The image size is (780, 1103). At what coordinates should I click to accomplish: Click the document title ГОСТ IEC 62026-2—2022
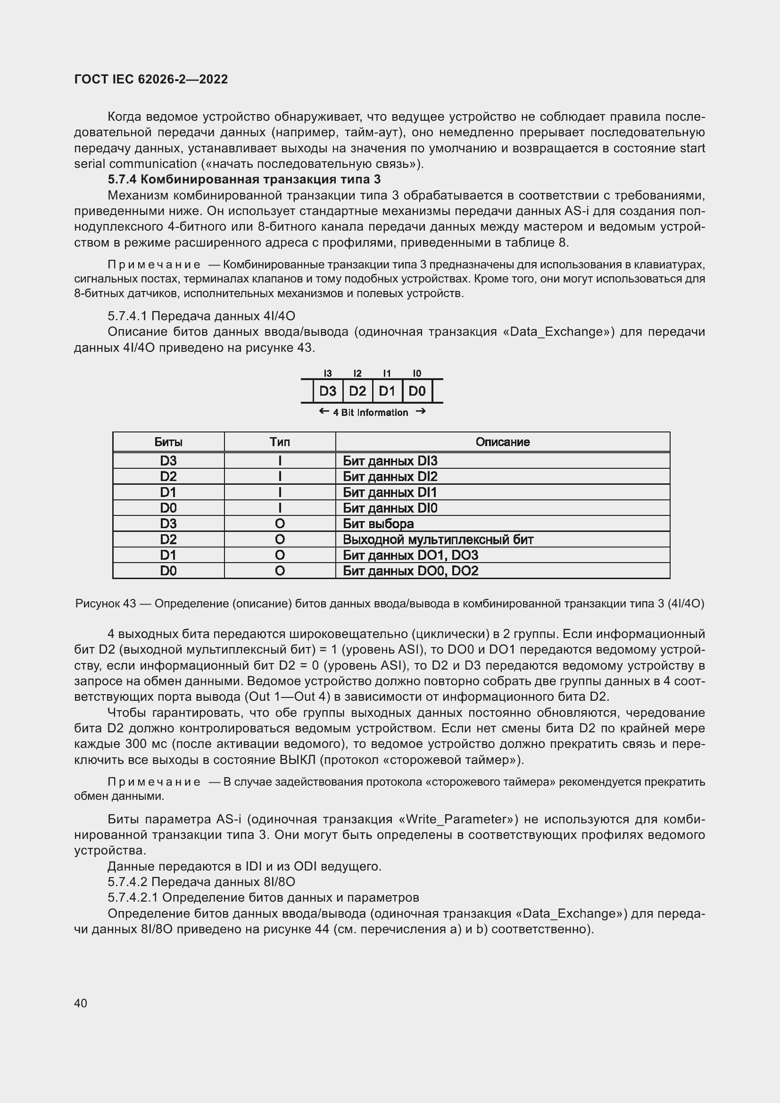151,79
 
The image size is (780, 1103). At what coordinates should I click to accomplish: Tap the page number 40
81,1003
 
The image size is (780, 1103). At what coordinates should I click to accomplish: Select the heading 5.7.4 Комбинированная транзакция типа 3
244,180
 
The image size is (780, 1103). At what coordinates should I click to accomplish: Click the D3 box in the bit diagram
328,391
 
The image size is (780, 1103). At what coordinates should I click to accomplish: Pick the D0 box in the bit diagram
417,391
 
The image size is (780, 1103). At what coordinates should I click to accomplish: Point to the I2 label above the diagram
357,373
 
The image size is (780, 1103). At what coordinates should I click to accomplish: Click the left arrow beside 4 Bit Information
324,411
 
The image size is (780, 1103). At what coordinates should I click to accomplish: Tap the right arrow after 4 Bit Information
420,411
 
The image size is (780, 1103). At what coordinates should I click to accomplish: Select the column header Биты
168,442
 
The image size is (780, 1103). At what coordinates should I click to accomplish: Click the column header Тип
280,442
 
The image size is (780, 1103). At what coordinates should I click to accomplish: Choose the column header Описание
502,442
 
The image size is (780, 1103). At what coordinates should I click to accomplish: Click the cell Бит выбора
378,523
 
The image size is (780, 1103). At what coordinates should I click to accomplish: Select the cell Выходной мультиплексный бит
438,539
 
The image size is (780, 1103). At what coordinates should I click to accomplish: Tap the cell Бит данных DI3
390,461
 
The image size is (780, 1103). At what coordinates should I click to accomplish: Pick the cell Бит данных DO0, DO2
410,571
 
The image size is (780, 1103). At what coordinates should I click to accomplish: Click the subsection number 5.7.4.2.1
133,897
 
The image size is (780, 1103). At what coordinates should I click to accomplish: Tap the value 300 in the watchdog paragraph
135,744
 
